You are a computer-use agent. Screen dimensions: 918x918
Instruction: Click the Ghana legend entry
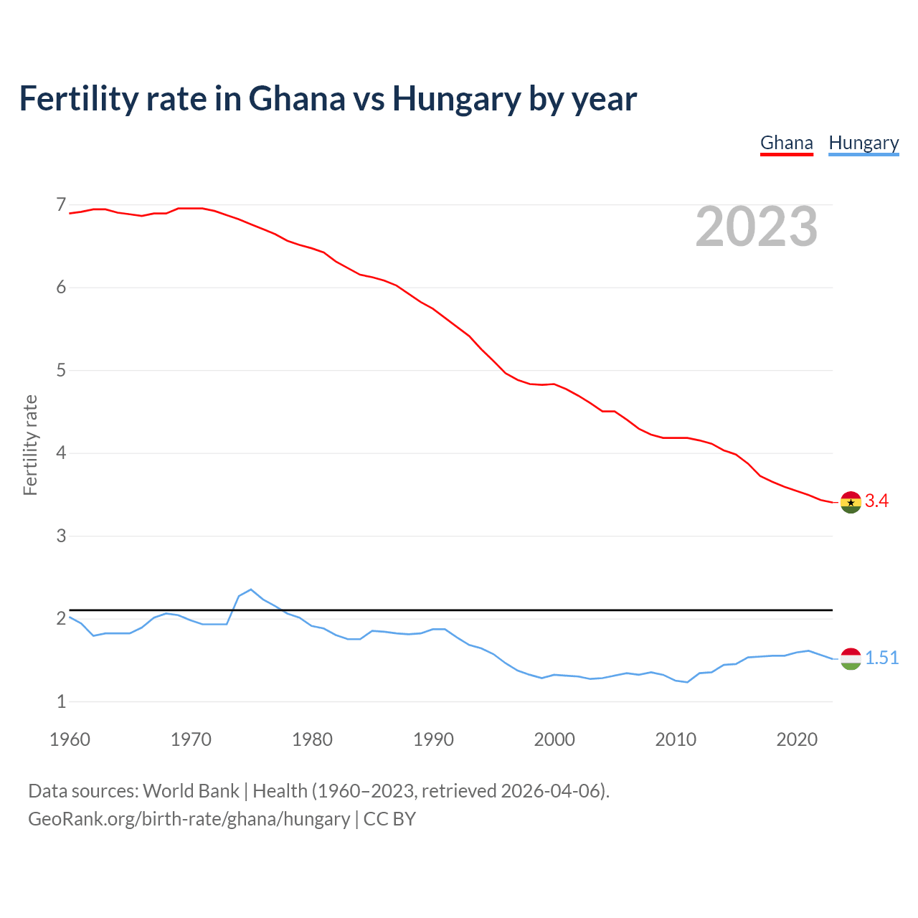[x=786, y=143]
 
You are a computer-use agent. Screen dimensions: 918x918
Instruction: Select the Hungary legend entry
[x=863, y=143]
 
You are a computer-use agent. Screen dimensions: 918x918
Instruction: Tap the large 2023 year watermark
[x=757, y=227]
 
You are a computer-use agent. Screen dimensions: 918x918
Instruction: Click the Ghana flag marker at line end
[x=851, y=502]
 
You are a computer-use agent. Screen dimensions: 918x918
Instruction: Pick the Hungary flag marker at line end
[x=851, y=658]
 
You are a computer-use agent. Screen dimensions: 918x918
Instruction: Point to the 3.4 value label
[x=876, y=501]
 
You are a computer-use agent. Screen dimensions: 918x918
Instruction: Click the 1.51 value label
[x=881, y=658]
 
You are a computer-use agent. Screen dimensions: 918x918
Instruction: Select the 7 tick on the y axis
[x=61, y=205]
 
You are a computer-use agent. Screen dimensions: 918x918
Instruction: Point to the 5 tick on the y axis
[x=61, y=371]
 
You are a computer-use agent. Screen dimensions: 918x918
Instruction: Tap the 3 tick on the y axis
[x=61, y=536]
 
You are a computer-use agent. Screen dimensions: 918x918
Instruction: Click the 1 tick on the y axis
[x=61, y=702]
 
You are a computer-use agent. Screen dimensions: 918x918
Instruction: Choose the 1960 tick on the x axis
[x=70, y=739]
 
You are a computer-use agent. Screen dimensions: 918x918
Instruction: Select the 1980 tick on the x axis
[x=312, y=739]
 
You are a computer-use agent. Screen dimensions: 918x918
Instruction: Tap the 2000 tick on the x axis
[x=554, y=739]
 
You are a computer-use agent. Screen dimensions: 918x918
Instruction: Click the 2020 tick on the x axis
[x=797, y=739]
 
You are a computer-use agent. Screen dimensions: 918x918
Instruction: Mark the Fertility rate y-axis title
[x=30, y=445]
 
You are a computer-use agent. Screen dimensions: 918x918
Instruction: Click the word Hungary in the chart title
[x=456, y=99]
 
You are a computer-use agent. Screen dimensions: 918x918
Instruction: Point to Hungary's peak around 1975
[x=250, y=590]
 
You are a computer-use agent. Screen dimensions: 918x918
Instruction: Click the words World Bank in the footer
[x=191, y=791]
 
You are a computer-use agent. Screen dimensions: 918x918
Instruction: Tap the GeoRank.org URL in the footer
[x=189, y=819]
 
